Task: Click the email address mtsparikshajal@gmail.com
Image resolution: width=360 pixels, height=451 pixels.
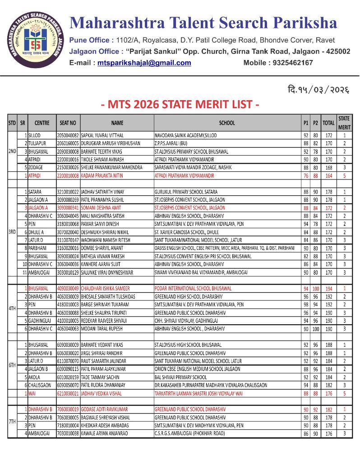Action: [x=144, y=63]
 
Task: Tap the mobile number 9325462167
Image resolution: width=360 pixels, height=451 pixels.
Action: [x=291, y=63]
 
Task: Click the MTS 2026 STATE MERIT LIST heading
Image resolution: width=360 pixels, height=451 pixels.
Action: [x=180, y=105]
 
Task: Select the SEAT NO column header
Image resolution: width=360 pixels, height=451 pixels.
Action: [x=68, y=123]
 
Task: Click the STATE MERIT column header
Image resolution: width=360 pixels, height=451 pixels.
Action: [x=344, y=122]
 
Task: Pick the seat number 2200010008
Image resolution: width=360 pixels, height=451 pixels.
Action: [x=68, y=175]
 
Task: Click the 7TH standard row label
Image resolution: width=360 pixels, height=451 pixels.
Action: [x=13, y=421]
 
